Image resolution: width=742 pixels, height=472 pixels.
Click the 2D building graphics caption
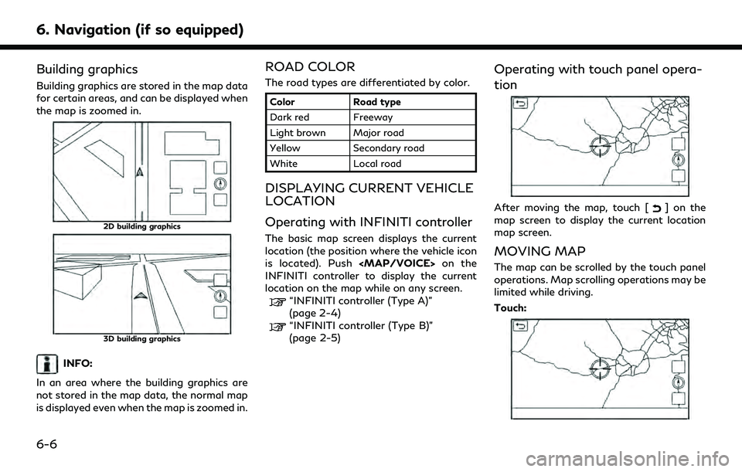[x=142, y=226]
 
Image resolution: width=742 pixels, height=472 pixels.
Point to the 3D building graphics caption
[x=142, y=339]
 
